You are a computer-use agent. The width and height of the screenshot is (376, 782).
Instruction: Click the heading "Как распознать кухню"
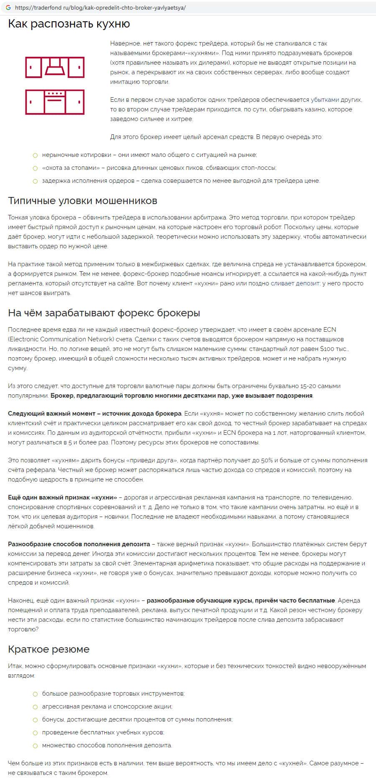[69, 24]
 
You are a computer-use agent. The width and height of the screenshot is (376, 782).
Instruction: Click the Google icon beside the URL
[8, 8]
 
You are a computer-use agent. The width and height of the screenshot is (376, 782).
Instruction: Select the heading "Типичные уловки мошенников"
[83, 201]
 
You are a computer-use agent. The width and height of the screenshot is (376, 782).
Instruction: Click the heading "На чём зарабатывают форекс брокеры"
[104, 313]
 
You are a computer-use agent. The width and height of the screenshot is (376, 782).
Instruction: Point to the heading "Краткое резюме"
[48, 649]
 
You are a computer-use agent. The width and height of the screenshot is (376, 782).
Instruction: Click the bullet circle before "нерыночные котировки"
[35, 155]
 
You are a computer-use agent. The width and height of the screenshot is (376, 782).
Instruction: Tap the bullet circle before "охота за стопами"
[35, 168]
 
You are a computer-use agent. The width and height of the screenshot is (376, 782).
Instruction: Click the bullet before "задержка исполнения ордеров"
[35, 181]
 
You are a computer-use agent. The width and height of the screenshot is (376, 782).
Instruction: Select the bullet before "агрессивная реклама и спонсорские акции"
[35, 707]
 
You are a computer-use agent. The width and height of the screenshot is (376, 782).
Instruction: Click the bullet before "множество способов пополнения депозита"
[35, 745]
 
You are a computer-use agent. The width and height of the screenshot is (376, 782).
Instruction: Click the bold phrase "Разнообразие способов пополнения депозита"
[79, 544]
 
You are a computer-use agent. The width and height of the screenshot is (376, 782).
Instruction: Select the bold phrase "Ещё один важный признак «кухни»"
[63, 497]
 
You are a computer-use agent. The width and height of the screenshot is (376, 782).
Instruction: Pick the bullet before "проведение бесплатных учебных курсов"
[35, 732]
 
